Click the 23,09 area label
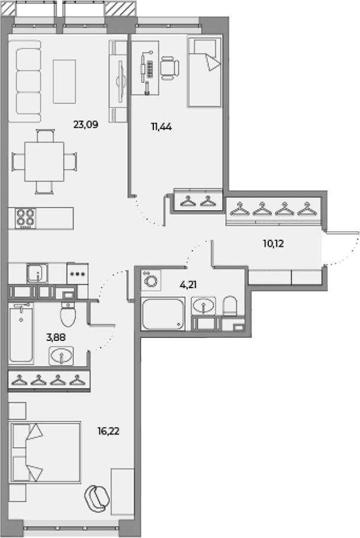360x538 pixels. [x=86, y=124]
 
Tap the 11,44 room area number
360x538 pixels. [x=161, y=127]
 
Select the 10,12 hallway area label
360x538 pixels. [x=274, y=244]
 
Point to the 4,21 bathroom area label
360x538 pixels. [x=188, y=285]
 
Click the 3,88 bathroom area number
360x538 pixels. [x=56, y=337]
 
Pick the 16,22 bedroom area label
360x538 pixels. [x=108, y=431]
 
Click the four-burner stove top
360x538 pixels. [x=25, y=218]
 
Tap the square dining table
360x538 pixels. [x=44, y=162]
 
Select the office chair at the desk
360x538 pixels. [x=170, y=68]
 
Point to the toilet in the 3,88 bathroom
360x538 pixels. [x=68, y=314]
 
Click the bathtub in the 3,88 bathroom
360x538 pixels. [x=21, y=333]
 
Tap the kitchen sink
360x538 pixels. [x=37, y=273]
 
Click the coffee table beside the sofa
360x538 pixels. [x=64, y=81]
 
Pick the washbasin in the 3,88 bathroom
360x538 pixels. [x=61, y=356]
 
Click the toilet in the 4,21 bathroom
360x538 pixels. [x=230, y=306]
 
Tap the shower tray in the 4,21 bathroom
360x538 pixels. [x=163, y=314]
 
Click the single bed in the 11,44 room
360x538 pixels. [x=204, y=72]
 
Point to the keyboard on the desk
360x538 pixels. [x=150, y=69]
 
